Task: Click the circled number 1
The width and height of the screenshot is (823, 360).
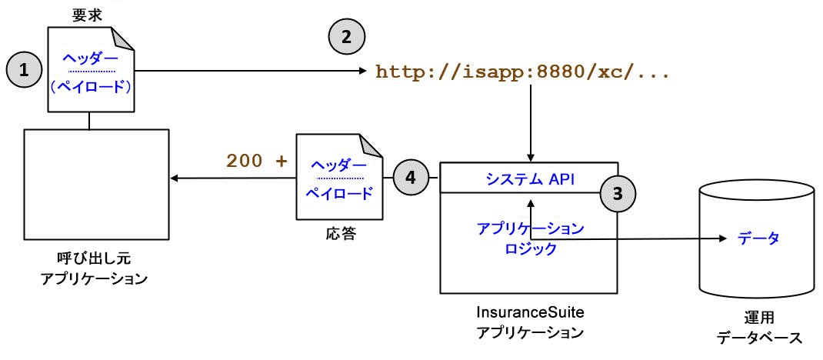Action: tap(25, 70)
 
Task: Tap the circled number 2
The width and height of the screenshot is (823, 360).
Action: tap(347, 35)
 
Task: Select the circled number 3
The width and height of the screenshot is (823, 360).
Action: tap(618, 193)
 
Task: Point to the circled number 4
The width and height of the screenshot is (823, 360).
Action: tap(411, 178)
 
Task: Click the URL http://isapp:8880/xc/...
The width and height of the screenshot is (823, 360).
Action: tap(522, 73)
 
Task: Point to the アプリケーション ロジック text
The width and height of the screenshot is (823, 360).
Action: tap(530, 238)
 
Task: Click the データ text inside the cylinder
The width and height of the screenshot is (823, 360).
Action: tap(758, 238)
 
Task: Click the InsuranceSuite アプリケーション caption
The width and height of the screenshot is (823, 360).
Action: tap(529, 323)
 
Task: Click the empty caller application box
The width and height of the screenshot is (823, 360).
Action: tap(96, 185)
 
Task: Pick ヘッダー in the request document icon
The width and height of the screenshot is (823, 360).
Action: tap(90, 58)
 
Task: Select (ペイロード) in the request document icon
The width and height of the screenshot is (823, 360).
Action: tap(90, 86)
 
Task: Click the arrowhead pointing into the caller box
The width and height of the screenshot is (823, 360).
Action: tap(175, 178)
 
